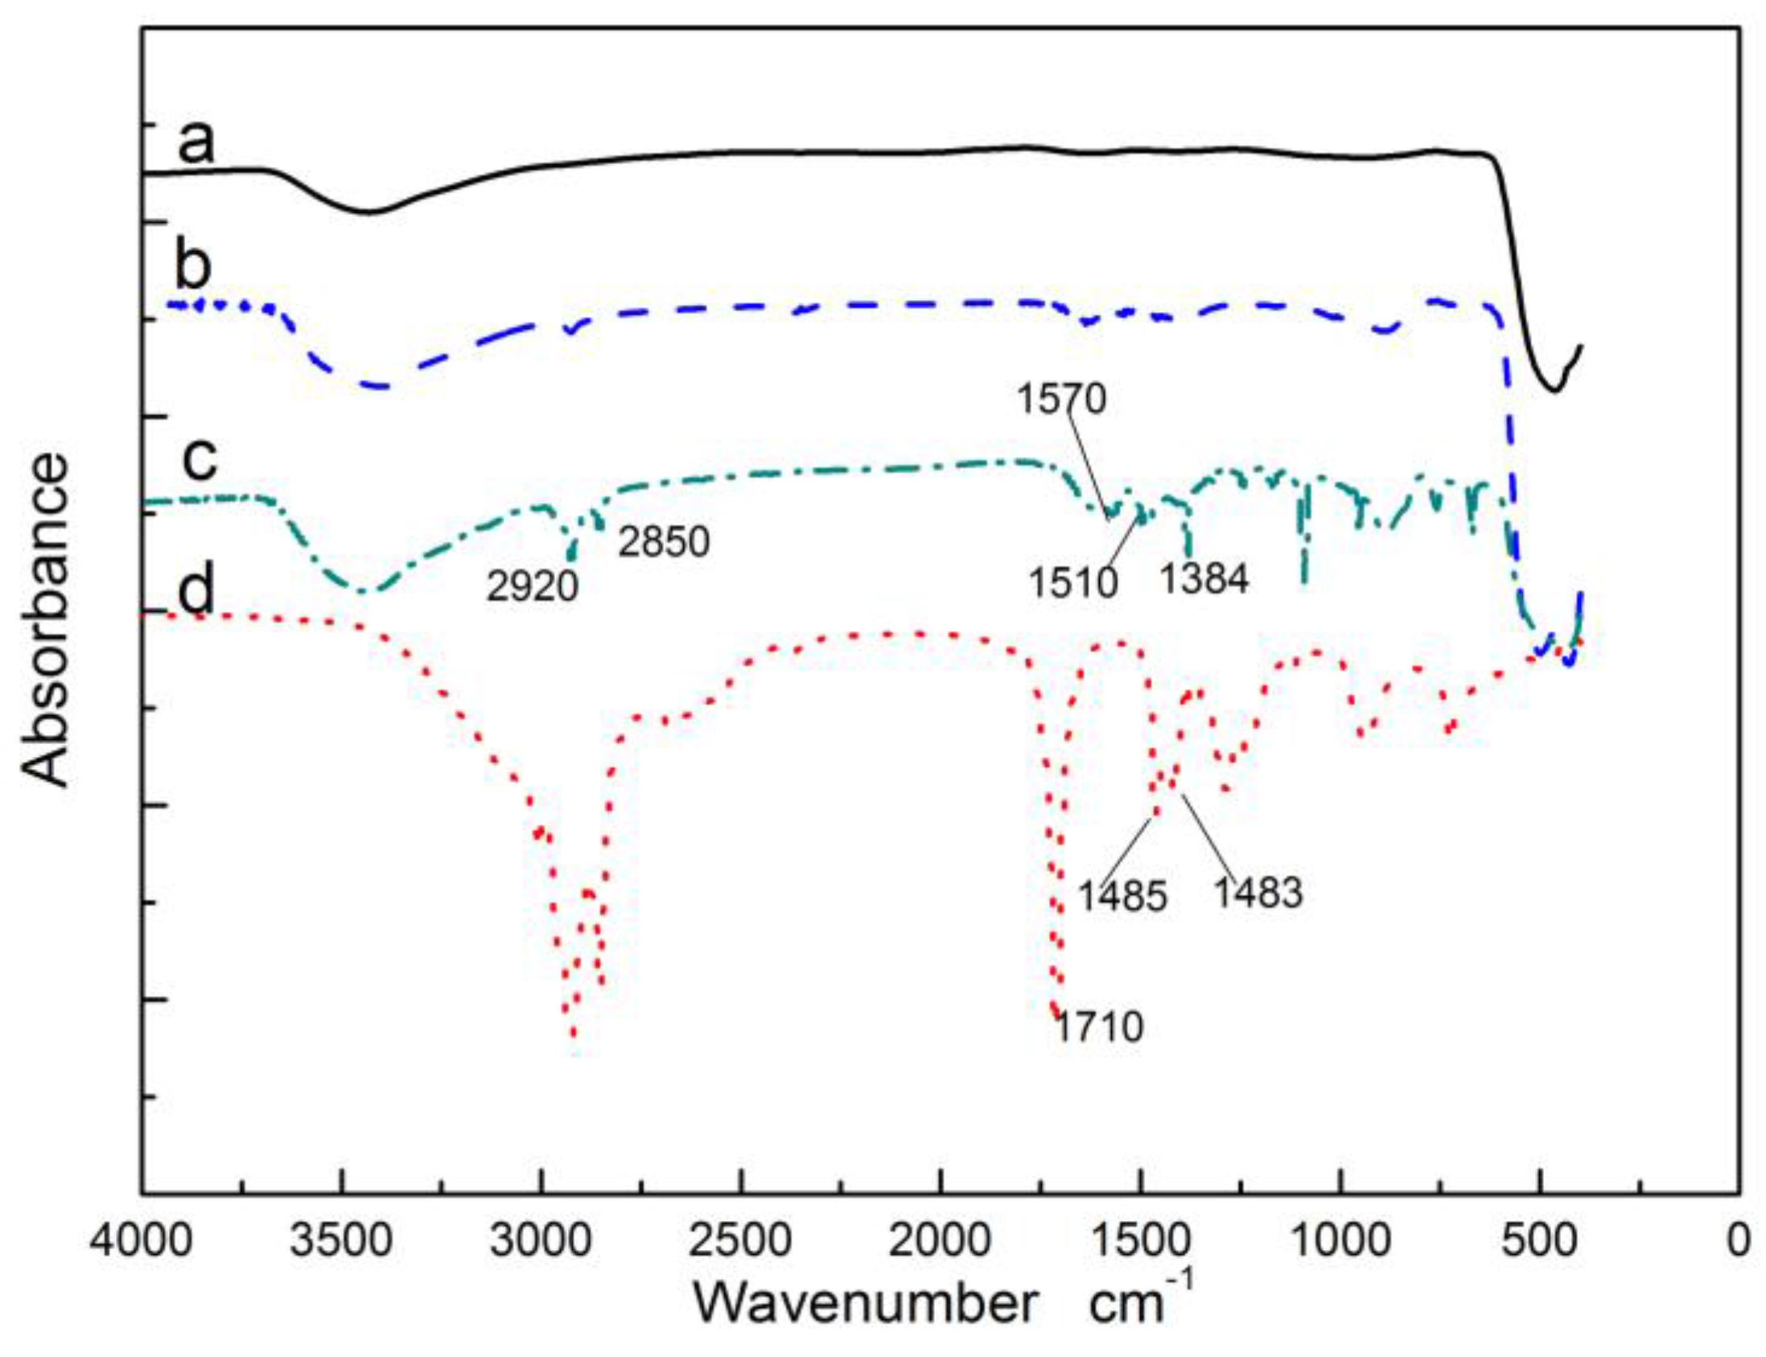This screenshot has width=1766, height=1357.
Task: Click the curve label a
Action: [196, 142]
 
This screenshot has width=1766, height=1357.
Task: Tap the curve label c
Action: [199, 459]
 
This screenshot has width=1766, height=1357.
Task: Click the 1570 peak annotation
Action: [1060, 399]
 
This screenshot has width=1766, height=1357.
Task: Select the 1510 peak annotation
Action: [1072, 582]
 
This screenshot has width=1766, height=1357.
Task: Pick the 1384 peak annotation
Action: [1204, 578]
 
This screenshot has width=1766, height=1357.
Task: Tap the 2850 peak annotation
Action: [664, 541]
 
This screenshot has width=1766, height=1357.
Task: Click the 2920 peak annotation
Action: [533, 586]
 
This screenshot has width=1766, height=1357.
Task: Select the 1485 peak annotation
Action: [1123, 897]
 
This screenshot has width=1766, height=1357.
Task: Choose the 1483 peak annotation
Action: [1258, 893]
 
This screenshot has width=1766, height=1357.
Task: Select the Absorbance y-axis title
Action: [45, 619]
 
